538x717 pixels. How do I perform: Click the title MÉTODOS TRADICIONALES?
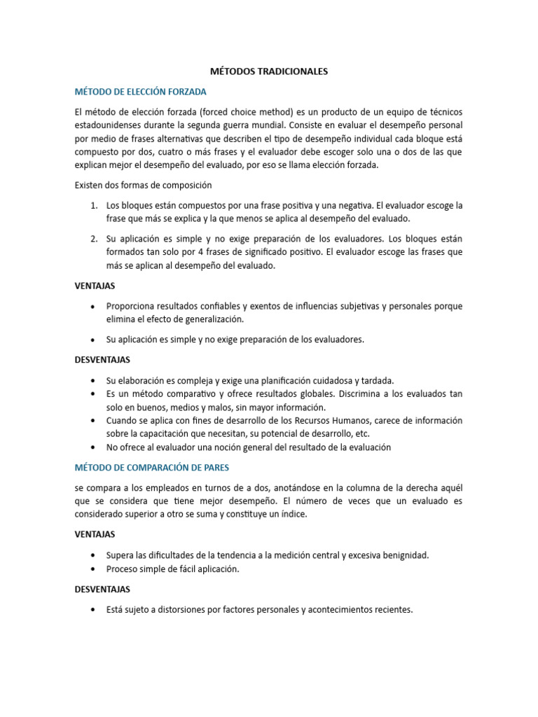pyautogui.click(x=269, y=71)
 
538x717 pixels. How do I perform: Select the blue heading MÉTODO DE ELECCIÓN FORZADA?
pyautogui.click(x=141, y=92)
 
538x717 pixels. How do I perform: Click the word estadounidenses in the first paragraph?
pyautogui.click(x=109, y=125)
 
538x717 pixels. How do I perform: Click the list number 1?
pyautogui.click(x=94, y=205)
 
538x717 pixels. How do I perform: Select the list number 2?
pyautogui.click(x=94, y=239)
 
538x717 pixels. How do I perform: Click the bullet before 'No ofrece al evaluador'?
pyautogui.click(x=94, y=447)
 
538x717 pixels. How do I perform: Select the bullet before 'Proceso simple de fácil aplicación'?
pyautogui.click(x=94, y=569)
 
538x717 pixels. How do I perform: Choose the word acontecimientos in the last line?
pyautogui.click(x=337, y=609)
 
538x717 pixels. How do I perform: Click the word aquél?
pyautogui.click(x=449, y=487)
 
